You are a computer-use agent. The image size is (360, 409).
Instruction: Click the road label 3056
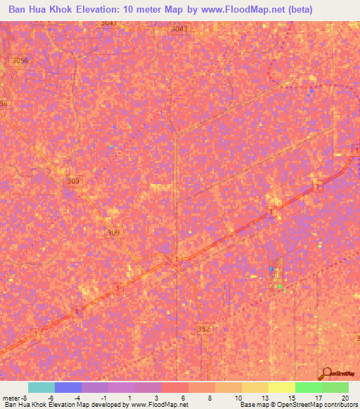(20, 61)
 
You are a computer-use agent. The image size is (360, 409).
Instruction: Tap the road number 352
(204, 329)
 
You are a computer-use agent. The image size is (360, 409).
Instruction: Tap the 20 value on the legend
(345, 398)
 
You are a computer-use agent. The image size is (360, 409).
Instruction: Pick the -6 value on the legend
(51, 398)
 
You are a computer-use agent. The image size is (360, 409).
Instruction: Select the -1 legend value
(104, 398)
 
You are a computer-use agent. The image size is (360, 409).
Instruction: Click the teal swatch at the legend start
(41, 387)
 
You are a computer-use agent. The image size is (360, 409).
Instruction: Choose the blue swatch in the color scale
(68, 387)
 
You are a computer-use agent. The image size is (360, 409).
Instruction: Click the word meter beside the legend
(11, 398)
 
